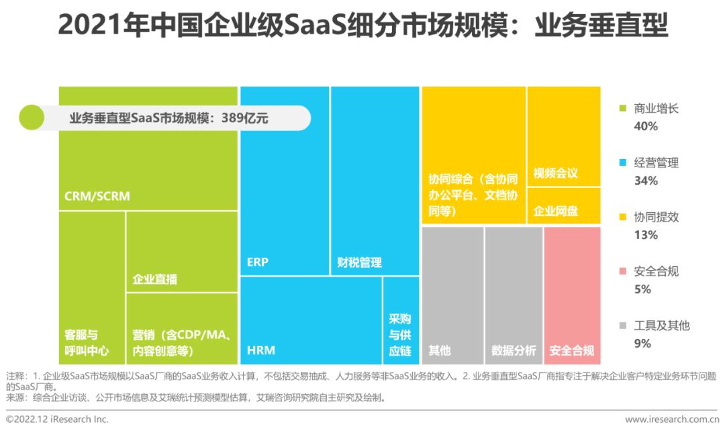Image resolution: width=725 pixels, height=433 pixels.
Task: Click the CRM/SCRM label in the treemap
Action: click(97, 197)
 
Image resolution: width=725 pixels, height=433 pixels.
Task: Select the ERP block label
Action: click(258, 262)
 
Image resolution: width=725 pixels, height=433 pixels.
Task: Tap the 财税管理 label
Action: click(359, 262)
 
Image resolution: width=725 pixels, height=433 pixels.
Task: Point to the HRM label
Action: click(261, 350)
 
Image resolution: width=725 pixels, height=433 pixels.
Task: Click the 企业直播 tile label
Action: click(155, 279)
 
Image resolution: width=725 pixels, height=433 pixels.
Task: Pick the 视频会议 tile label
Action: click(555, 173)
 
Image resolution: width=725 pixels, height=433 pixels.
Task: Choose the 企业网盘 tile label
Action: click(555, 211)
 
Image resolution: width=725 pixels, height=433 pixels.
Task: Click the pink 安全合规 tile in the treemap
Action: click(572, 295)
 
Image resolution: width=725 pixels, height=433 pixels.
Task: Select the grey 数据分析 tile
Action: click(514, 295)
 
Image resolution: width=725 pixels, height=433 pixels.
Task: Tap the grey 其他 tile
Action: click(452, 295)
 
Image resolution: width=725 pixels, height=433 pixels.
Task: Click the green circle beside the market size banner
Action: click(31, 117)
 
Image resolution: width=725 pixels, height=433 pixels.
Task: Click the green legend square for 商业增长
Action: click(622, 108)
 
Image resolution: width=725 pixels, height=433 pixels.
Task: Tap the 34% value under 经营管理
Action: click(645, 181)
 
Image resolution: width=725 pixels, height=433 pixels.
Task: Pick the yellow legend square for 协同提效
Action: click(622, 217)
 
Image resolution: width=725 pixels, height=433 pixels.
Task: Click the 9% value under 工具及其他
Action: click(642, 344)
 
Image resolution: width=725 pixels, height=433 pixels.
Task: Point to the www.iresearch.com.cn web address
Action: click(671, 420)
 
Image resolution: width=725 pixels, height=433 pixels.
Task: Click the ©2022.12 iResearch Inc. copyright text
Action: click(57, 420)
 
